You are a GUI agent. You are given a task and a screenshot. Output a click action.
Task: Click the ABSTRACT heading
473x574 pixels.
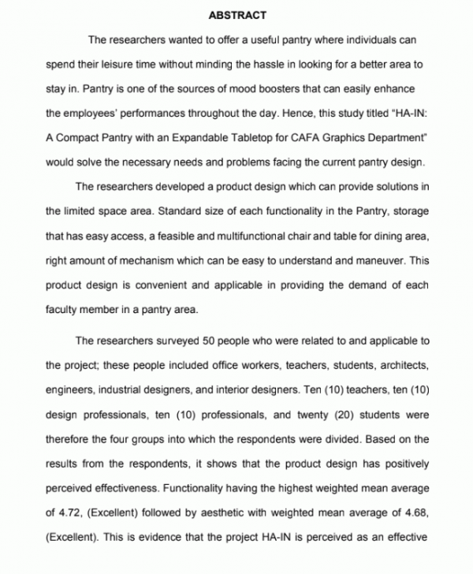pyautogui.click(x=237, y=15)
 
